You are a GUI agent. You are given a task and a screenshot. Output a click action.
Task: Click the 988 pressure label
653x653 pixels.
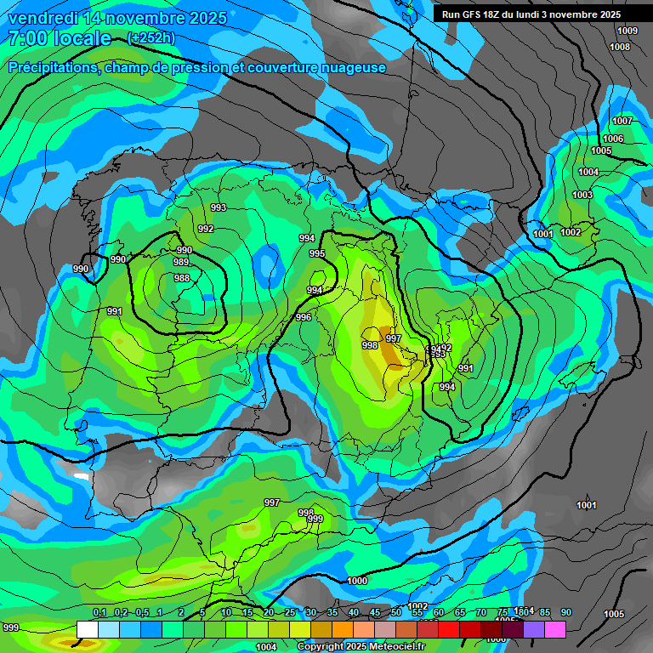pyautogui.click(x=182, y=278)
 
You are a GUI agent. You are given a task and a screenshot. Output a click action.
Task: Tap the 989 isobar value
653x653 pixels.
pyautogui.click(x=181, y=263)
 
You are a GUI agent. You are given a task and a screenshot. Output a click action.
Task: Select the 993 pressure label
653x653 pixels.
pyautogui.click(x=219, y=207)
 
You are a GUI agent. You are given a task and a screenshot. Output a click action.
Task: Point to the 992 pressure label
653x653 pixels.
pyautogui.click(x=206, y=229)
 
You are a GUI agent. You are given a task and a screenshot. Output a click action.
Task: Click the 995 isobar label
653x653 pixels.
pyautogui.click(x=317, y=253)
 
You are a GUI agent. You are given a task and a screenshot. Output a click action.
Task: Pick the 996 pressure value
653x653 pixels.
pyautogui.click(x=304, y=317)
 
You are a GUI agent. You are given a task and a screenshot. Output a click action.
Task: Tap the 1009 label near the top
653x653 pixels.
pyautogui.click(x=627, y=31)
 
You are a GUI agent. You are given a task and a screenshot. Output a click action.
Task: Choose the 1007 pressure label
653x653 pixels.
pyautogui.click(x=622, y=121)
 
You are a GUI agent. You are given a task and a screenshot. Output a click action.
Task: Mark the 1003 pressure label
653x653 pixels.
pyautogui.click(x=582, y=195)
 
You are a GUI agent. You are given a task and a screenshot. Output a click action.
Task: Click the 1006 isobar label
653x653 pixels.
pyautogui.click(x=613, y=139)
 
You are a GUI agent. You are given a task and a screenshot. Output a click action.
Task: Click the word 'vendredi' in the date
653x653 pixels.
pyautogui.click(x=44, y=18)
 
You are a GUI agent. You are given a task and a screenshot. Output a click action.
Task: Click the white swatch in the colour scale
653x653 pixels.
pyautogui.click(x=87, y=629)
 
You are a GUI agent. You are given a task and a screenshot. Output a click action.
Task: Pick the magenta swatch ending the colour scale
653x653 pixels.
pyautogui.click(x=555, y=629)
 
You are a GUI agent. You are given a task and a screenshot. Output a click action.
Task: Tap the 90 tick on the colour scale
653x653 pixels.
pyautogui.click(x=566, y=612)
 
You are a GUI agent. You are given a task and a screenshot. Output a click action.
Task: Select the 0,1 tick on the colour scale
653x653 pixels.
pyautogui.click(x=99, y=612)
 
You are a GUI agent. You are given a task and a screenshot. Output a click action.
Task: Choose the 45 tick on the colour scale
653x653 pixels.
pyautogui.click(x=375, y=612)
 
